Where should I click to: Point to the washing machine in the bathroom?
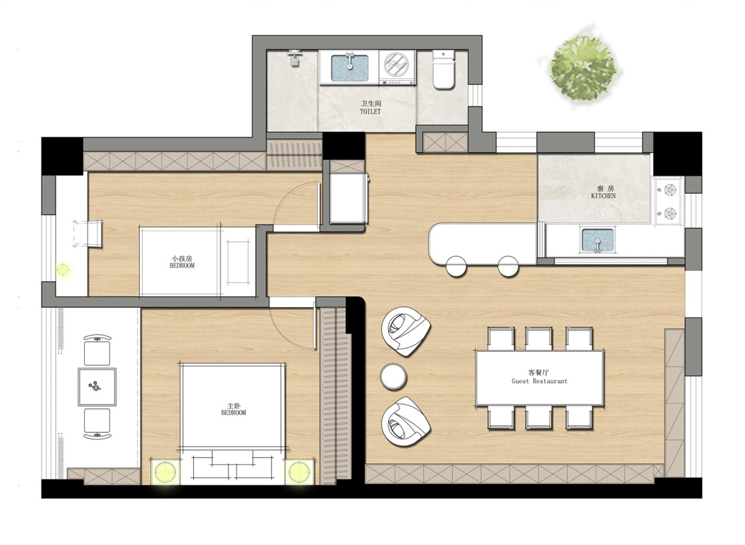tap(398, 67)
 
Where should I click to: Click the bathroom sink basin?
tap(349, 67)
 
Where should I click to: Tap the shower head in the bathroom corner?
tap(295, 58)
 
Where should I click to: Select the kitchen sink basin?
tap(598, 240)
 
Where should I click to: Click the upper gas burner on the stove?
tap(669, 190)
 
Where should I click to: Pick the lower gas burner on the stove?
tap(669, 213)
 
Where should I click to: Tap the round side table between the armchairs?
tap(393, 377)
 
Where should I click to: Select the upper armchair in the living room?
tap(406, 331)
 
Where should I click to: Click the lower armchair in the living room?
tap(406, 421)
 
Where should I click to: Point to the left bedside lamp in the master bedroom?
tap(165, 472)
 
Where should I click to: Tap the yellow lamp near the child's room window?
tap(63, 270)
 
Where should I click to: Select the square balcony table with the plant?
tap(97, 386)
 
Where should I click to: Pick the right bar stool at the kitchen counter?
tap(508, 266)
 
